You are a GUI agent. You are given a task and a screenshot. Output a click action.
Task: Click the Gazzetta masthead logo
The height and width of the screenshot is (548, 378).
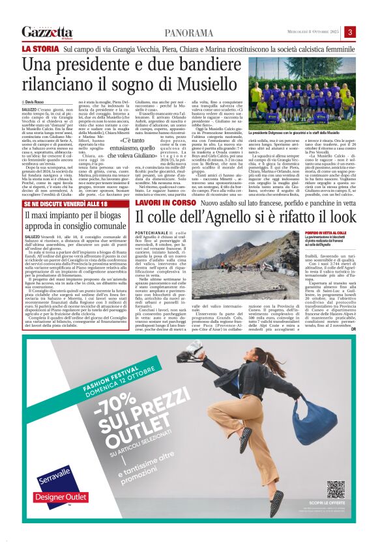47,32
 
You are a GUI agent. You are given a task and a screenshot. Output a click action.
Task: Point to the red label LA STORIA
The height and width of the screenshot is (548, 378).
40,49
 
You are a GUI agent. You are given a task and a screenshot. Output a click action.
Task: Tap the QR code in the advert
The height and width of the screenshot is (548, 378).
336,489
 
